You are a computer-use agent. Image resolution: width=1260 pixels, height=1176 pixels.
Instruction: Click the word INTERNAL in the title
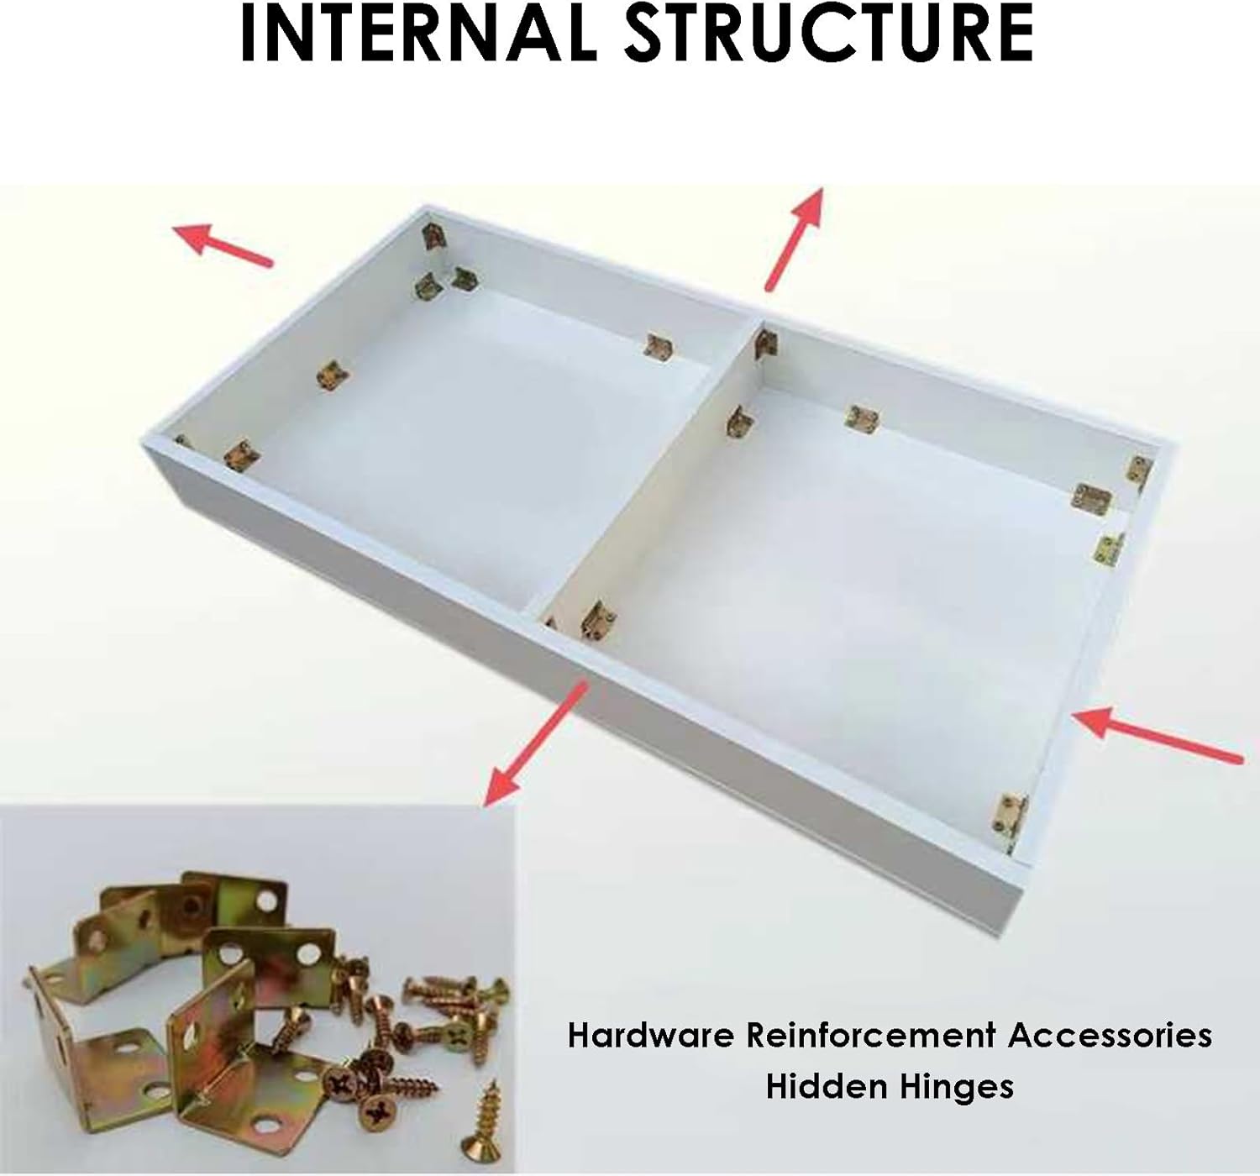[418, 33]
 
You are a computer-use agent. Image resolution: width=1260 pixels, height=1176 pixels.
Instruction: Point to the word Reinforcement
[870, 1036]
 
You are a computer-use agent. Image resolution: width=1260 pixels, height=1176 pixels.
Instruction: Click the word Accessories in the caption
[1110, 1036]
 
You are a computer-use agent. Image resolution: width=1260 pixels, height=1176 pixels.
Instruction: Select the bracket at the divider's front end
[597, 619]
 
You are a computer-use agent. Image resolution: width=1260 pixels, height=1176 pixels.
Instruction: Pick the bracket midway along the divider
[740, 422]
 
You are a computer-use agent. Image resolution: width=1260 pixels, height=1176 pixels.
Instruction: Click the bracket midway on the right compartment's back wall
[864, 419]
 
